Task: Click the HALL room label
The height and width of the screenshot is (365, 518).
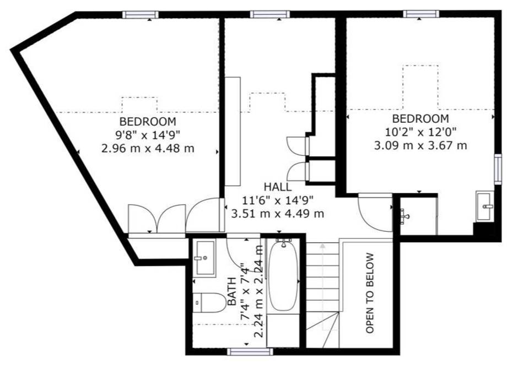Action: click(x=278, y=187)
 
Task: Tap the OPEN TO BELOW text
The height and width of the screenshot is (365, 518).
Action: click(x=370, y=293)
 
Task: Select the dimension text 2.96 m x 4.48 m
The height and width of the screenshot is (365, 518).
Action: click(x=148, y=149)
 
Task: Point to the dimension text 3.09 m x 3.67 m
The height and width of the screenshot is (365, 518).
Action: click(x=420, y=145)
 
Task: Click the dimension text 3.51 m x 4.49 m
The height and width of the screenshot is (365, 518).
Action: click(x=278, y=214)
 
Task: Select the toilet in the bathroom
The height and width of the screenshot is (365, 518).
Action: click(x=209, y=303)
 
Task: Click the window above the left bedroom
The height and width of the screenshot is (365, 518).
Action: click(x=140, y=14)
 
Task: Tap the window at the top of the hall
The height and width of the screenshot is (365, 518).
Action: click(x=269, y=14)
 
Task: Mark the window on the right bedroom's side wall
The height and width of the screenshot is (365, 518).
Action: click(x=498, y=169)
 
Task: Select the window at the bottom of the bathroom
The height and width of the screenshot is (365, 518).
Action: click(x=250, y=351)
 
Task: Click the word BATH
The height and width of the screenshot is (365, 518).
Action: click(x=232, y=292)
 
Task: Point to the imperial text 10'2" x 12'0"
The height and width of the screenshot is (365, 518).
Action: click(x=420, y=132)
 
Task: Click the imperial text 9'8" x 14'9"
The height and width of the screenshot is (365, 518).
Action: click(x=148, y=135)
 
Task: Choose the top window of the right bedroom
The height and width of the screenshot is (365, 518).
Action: click(x=421, y=14)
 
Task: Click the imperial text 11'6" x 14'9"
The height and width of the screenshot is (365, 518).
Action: click(x=278, y=200)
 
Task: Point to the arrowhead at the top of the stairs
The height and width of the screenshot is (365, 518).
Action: click(x=322, y=246)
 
